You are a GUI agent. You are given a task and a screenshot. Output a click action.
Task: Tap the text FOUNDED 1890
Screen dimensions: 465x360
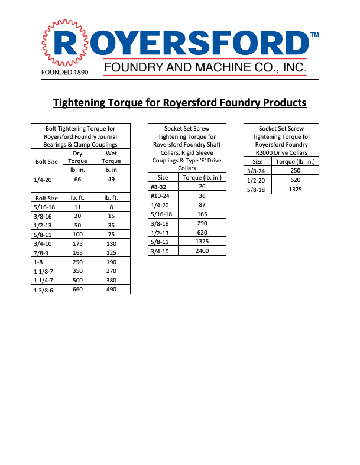pos(64,73)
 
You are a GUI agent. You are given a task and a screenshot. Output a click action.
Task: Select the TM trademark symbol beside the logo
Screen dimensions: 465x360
pos(314,35)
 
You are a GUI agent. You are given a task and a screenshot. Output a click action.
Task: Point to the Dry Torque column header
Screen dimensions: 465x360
pos(77,157)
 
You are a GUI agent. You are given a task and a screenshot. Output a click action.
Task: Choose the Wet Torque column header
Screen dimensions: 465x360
pos(111,157)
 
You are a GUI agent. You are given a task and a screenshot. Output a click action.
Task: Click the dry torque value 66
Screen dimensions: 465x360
pos(77,179)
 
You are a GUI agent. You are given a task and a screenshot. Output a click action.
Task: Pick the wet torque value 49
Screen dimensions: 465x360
pos(111,179)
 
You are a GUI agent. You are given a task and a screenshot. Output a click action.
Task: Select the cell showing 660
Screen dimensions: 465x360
pos(77,290)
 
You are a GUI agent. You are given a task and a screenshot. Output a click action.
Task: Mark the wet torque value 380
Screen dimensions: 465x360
pos(111,280)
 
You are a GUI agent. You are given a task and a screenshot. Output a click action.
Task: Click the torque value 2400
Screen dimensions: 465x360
pos(202,251)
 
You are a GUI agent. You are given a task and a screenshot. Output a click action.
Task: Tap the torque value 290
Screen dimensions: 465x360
pos(202,223)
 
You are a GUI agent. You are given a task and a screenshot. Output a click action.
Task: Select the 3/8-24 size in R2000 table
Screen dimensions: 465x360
pos(258,170)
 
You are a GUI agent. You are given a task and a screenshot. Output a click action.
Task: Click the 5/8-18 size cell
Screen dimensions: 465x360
pos(258,189)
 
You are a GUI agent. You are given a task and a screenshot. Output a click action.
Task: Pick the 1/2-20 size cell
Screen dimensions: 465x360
pos(258,180)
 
